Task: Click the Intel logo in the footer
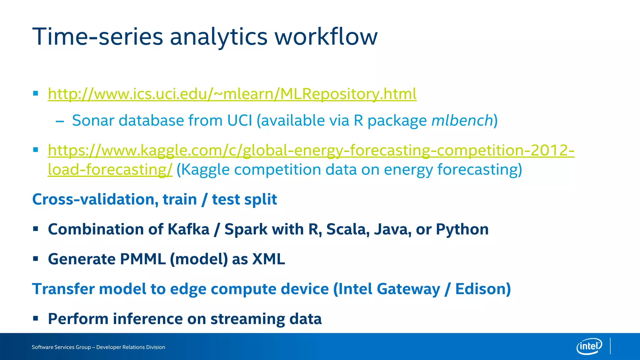(589, 346)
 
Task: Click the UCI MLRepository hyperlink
(232, 94)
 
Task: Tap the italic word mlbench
(462, 121)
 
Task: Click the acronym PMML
(142, 259)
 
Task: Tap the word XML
(268, 259)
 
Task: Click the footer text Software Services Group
(61, 347)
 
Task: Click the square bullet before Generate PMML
(36, 259)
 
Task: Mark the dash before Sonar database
(60, 121)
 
